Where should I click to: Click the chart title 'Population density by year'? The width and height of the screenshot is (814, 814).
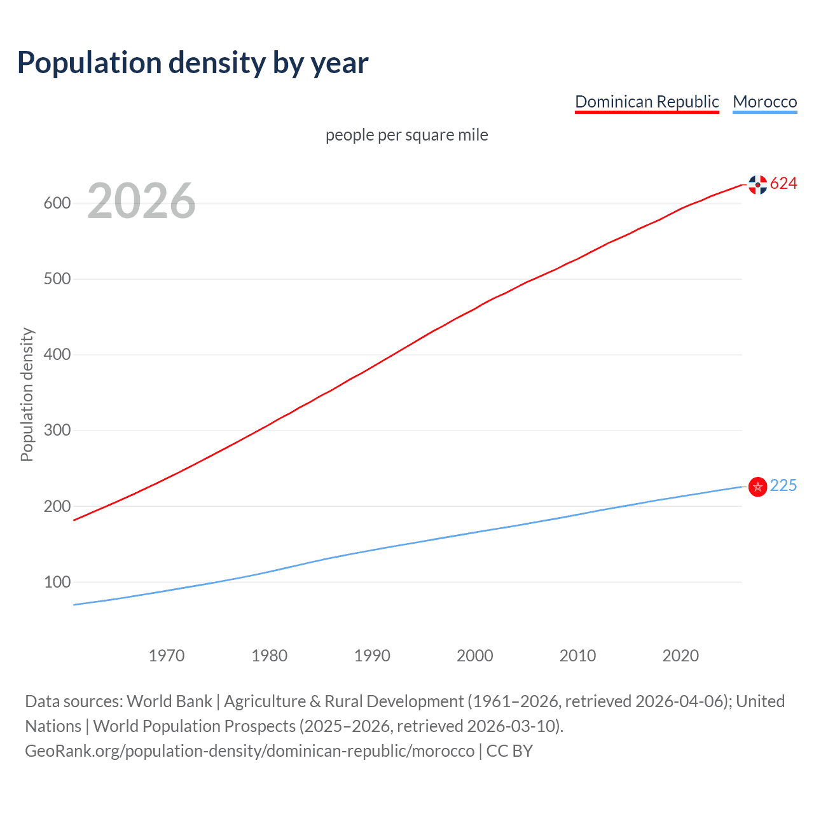coord(193,63)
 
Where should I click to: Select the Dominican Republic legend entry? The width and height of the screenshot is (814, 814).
coord(647,102)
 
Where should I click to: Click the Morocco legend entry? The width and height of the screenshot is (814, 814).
coord(764,102)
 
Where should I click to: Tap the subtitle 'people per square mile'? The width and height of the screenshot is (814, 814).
coord(406,135)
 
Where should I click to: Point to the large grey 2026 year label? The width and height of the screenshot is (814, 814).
coord(141,201)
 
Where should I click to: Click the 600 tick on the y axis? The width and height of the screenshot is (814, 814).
coord(57,203)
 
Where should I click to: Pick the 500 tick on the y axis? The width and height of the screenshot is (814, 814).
coord(57,279)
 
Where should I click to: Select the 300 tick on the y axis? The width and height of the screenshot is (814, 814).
coord(57,431)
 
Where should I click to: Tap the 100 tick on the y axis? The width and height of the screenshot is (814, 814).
coord(57,582)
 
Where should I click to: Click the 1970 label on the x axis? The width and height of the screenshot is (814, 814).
coord(167,656)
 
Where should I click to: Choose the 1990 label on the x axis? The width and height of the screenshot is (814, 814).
coord(372,656)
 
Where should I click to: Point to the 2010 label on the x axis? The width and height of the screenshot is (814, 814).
coord(577,656)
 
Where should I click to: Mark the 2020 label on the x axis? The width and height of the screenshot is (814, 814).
coord(680,656)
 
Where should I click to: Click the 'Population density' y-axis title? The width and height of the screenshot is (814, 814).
coord(27,394)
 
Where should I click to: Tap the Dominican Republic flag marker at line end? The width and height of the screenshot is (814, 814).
coord(757,184)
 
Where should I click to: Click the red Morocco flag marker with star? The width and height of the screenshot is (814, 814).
coord(757,486)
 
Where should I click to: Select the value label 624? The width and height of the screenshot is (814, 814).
coord(783,184)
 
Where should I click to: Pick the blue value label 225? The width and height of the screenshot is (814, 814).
coord(783,486)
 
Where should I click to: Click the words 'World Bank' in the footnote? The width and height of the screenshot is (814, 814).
coord(169,701)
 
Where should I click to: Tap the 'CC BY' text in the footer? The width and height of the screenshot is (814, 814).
coord(509,751)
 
